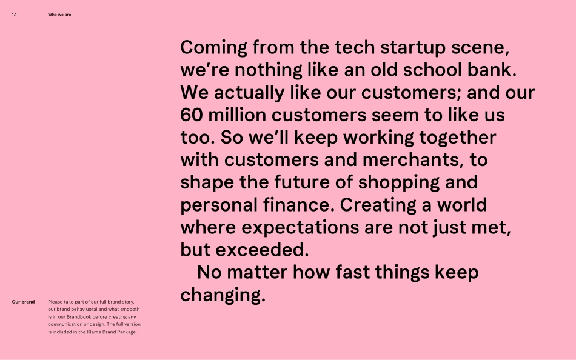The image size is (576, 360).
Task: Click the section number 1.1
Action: coord(14,15)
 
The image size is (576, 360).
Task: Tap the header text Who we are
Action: coord(59,15)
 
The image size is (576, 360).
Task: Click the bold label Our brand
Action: coord(23,302)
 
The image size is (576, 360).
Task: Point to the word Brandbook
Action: coord(92,317)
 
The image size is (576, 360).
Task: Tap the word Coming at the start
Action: coord(213,48)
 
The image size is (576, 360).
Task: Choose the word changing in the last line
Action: coord(223,296)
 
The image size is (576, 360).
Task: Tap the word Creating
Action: coord(377,205)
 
